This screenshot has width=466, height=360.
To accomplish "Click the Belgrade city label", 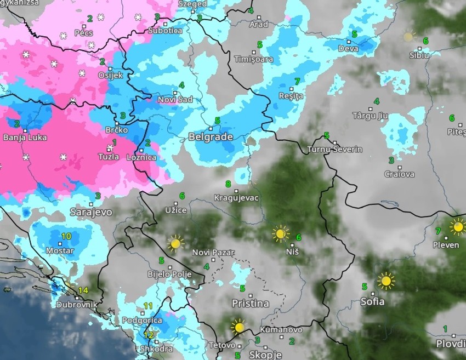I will pos(211,137).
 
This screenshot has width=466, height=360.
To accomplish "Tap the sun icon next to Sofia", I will pos(386,281).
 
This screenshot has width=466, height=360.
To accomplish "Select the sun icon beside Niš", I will pos(281,234).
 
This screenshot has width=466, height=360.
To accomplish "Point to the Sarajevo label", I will pos(91,212).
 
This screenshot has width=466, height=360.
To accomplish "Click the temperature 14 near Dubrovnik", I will pos(83,290).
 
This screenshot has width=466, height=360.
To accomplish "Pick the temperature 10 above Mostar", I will pos(66,236).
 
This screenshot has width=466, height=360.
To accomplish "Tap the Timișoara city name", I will pos(253,59).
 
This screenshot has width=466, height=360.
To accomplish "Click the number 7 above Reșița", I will pos(297,82).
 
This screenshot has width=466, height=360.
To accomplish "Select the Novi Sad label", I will pos(175,100).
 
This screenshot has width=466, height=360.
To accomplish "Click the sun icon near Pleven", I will pos(457,226).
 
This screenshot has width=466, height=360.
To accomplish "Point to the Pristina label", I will pos(250,304).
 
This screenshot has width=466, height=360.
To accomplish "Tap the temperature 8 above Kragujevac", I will pos(228,184).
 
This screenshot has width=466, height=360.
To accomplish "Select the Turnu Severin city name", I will pos(335,150).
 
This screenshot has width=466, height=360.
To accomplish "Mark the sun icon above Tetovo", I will pos(238,327).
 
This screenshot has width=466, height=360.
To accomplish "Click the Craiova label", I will pos(399,175).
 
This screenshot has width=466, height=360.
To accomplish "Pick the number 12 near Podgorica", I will pos(149,335).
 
